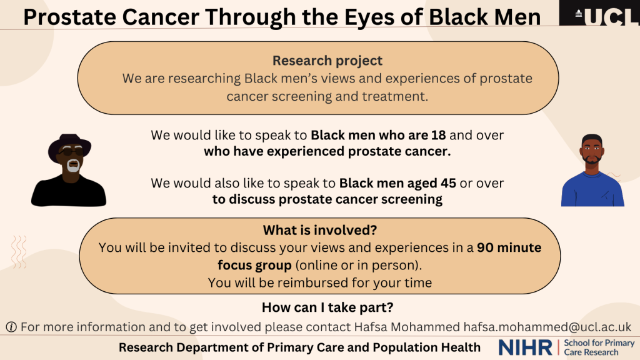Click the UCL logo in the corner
tap(599, 12)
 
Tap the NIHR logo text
tap(525, 347)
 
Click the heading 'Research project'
tap(327, 61)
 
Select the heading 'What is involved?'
tap(320, 230)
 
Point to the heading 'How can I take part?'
tap(327, 307)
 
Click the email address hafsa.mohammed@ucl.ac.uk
tap(547, 327)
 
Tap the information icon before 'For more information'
tap(11, 327)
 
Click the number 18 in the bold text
tap(438, 135)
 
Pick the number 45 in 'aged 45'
tap(448, 183)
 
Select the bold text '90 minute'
tap(509, 247)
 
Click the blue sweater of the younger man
tap(592, 189)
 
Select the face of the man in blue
tap(592, 151)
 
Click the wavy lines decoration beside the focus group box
tap(19, 252)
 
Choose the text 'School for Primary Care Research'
tap(599, 347)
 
